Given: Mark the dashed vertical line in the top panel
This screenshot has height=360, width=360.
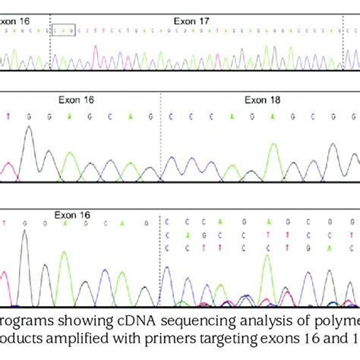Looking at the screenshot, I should pyautogui.click(x=50, y=46).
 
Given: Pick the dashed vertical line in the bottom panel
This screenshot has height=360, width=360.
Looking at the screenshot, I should pyautogui.click(x=160, y=258).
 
